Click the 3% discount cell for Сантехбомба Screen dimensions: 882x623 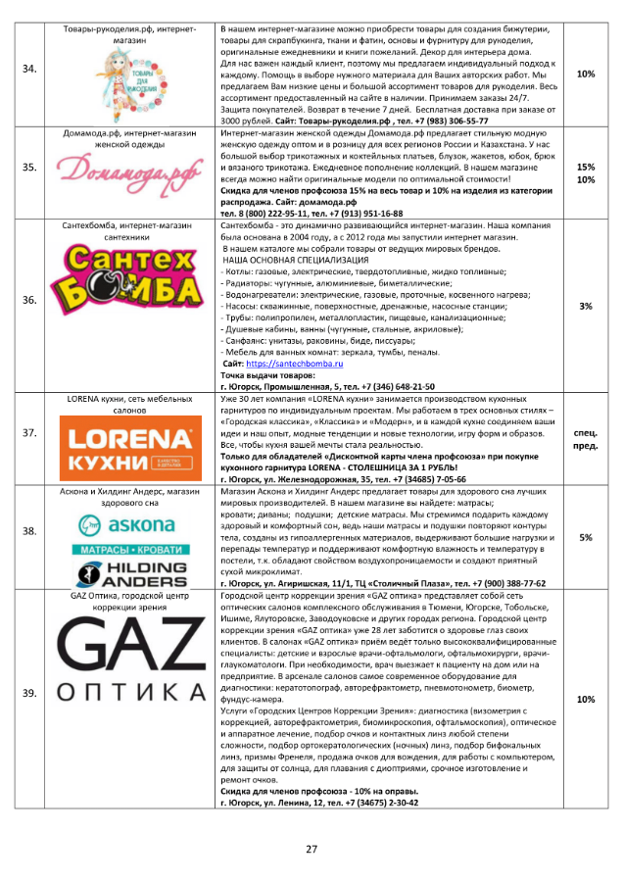[586, 306]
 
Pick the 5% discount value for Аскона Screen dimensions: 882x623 [586, 536]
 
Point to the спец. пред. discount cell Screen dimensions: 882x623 [586, 437]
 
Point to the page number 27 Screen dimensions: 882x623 [311, 848]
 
